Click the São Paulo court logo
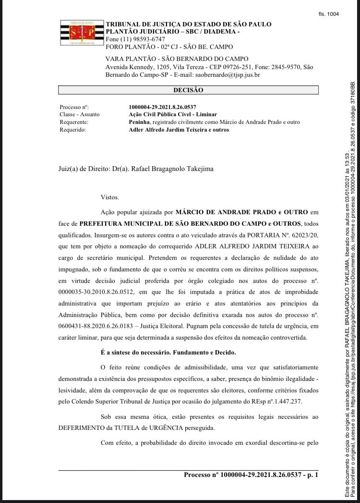(82, 34)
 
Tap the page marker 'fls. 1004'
(329, 14)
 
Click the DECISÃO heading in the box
(188, 90)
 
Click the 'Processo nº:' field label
(74, 107)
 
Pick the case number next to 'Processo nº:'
(162, 107)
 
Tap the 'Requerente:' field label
(74, 122)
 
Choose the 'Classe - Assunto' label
(80, 114)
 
